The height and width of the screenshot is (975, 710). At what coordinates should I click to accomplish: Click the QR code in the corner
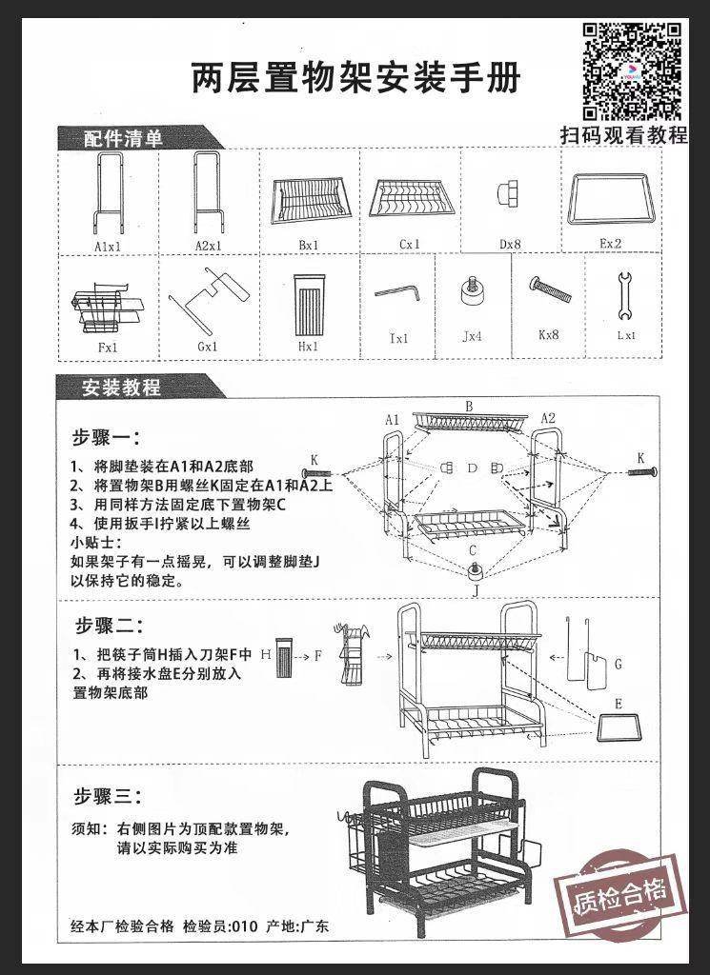[632, 70]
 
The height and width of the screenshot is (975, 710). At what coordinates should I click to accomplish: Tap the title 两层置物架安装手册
[356, 79]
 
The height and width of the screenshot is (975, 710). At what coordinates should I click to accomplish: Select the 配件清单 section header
[124, 139]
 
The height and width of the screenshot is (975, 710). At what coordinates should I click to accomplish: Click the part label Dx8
[511, 245]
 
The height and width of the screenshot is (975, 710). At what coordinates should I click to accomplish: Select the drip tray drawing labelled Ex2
[609, 198]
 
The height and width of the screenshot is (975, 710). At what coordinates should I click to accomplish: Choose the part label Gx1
[208, 347]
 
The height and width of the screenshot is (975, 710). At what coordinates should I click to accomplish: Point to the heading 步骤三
[108, 796]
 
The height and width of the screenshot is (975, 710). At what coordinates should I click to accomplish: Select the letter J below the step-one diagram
[475, 591]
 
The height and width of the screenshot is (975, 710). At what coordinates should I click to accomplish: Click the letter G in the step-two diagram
[618, 664]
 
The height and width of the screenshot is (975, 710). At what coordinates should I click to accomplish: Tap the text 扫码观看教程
[623, 135]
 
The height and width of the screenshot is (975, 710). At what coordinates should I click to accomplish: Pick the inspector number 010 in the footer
[245, 925]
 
